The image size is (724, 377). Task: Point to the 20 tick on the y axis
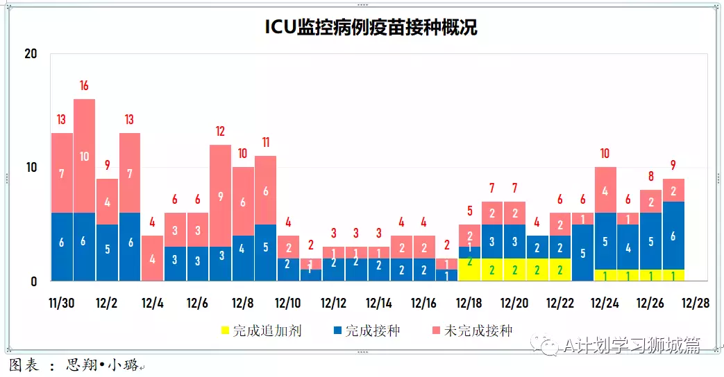(31, 54)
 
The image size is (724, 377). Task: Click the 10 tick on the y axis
(31, 168)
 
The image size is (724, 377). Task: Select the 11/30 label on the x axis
(61, 304)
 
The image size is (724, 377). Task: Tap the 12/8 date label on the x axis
(242, 304)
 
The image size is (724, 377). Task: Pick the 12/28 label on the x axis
(695, 304)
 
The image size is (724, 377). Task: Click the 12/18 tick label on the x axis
(469, 304)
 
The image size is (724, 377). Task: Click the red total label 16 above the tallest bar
(84, 86)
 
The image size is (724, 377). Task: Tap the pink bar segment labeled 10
(84, 156)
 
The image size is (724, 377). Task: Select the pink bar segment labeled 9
(220, 196)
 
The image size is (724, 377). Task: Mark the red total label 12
(220, 131)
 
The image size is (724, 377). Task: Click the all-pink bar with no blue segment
(152, 258)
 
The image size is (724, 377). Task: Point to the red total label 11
(265, 143)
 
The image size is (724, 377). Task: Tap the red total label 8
(650, 177)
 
